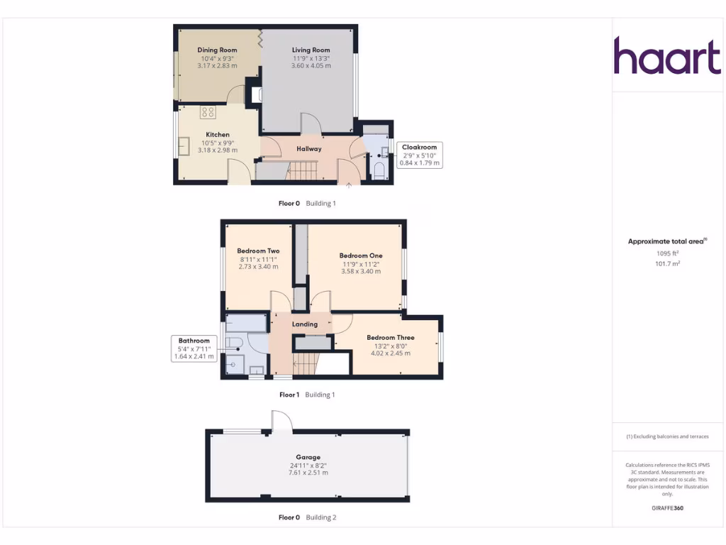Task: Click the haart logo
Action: pyautogui.click(x=666, y=56)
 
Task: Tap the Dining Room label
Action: pyautogui.click(x=217, y=50)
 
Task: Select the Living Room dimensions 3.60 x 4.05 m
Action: pyautogui.click(x=311, y=65)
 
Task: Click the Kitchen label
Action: pyautogui.click(x=218, y=135)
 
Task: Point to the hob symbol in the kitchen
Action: pyautogui.click(x=208, y=111)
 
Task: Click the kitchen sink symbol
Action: pyautogui.click(x=184, y=146)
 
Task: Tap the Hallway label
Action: pyautogui.click(x=308, y=149)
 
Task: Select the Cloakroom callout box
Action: pyautogui.click(x=419, y=155)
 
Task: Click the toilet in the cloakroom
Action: pyautogui.click(x=379, y=170)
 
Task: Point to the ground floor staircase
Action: pyautogui.click(x=301, y=170)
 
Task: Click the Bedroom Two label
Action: pyautogui.click(x=258, y=251)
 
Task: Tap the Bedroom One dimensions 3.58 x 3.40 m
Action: pyautogui.click(x=360, y=271)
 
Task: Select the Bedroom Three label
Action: pyautogui.click(x=390, y=338)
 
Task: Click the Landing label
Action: pyautogui.click(x=305, y=324)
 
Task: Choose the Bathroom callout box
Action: pyautogui.click(x=194, y=348)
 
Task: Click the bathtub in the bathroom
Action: pyautogui.click(x=246, y=323)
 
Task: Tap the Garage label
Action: pyautogui.click(x=308, y=457)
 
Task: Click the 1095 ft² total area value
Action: pyautogui.click(x=667, y=253)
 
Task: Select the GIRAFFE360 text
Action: pyautogui.click(x=667, y=508)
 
